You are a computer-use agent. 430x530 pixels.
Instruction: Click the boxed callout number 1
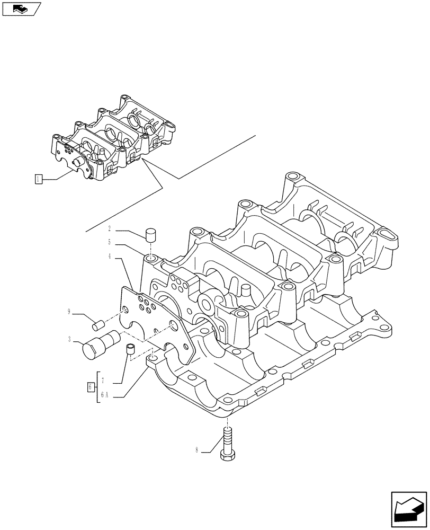tap(38, 179)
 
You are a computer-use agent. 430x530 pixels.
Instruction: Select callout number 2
tap(110, 229)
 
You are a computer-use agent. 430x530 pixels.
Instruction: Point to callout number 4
tap(110, 258)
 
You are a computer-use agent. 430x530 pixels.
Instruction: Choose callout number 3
tap(69, 338)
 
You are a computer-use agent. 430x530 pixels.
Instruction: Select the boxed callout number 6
tap(91, 387)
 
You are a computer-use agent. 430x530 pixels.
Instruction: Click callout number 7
tap(103, 381)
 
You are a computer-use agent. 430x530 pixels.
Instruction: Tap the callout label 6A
tap(104, 395)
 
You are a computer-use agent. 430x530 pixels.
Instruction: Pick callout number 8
tap(197, 452)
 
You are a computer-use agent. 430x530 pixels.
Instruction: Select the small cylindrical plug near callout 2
tap(151, 235)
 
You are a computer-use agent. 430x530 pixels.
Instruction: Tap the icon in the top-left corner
tap(21, 8)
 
